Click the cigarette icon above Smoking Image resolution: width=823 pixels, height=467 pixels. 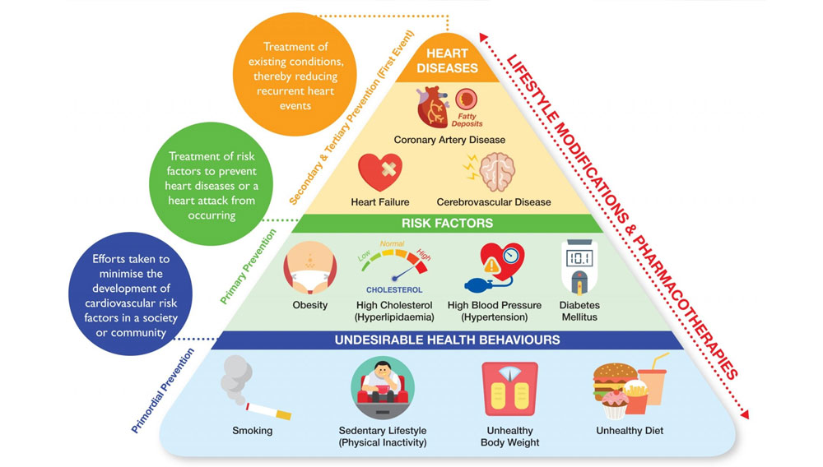(269, 411)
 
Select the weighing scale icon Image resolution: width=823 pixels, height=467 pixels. (509, 390)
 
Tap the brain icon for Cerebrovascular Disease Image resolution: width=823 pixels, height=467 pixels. (496, 172)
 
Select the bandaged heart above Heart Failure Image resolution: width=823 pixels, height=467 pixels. (380, 172)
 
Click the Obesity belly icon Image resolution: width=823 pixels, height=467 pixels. (309, 268)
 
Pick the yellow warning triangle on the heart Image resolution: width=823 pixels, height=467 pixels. (492, 266)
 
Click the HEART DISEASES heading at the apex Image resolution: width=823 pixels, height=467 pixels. (447, 61)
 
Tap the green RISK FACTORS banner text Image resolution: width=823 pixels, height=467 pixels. (447, 224)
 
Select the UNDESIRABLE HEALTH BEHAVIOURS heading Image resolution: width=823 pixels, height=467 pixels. (447, 340)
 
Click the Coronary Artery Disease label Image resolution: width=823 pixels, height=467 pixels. (449, 140)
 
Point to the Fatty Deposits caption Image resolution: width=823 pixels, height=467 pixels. (467, 120)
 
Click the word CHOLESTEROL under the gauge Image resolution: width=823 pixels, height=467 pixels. (394, 290)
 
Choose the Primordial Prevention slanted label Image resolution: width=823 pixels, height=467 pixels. (163, 391)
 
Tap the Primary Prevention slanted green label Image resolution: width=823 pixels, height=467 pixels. (248, 266)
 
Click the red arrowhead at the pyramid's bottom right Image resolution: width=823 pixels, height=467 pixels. (744, 414)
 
